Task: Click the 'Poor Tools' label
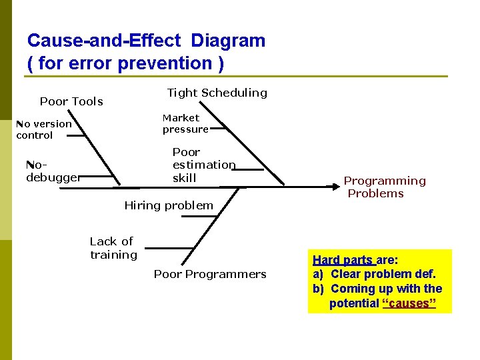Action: (x=71, y=101)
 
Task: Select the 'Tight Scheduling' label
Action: (x=217, y=93)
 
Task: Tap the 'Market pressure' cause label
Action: (x=184, y=123)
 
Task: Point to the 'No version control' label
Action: (x=43, y=129)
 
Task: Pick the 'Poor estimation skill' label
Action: (x=203, y=165)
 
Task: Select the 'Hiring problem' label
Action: (x=169, y=205)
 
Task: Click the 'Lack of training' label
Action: (x=113, y=248)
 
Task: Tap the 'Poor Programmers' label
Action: (x=210, y=274)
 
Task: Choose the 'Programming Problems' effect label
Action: (x=385, y=187)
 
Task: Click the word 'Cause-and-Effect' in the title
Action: (x=103, y=41)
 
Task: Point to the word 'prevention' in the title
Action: (x=165, y=63)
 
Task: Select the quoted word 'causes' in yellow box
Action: (x=409, y=303)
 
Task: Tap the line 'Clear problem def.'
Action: (x=383, y=274)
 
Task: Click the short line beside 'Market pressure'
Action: (x=219, y=133)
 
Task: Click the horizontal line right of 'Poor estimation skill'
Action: (x=248, y=169)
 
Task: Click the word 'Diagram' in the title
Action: (x=228, y=41)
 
